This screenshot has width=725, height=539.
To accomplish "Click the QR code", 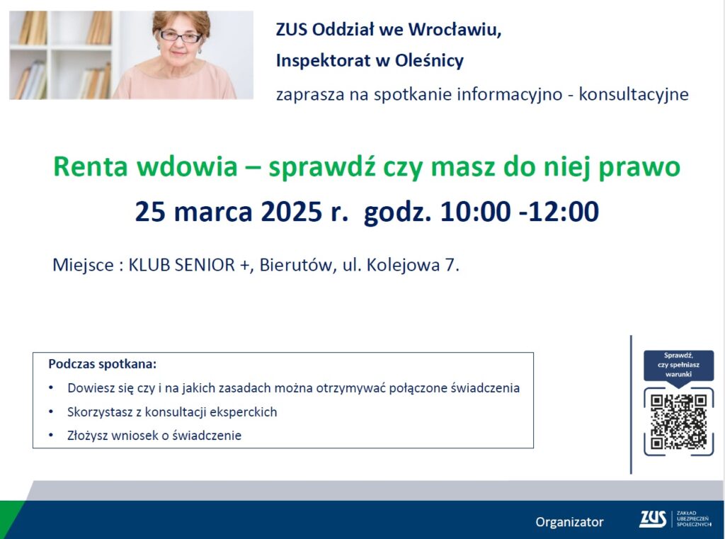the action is click(678, 421).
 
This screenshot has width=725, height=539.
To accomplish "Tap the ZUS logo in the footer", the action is click(652, 519).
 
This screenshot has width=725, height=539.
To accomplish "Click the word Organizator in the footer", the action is click(570, 522).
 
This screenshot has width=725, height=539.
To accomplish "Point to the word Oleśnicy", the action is click(429, 61).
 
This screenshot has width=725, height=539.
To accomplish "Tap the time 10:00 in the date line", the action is click(475, 212).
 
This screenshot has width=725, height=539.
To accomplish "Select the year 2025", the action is click(291, 212).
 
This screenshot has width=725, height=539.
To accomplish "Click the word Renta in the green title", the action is click(90, 166).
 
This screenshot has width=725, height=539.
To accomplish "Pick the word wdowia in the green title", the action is click(187, 166).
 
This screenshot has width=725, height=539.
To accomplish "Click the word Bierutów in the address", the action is click(295, 265).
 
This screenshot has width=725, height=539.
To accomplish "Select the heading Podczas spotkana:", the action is click(103, 364).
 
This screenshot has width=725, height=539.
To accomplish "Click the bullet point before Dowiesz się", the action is click(51, 387).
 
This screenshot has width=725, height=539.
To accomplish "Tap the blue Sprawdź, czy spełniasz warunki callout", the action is click(678, 366).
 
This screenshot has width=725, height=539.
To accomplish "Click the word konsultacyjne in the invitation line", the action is click(634, 94).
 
